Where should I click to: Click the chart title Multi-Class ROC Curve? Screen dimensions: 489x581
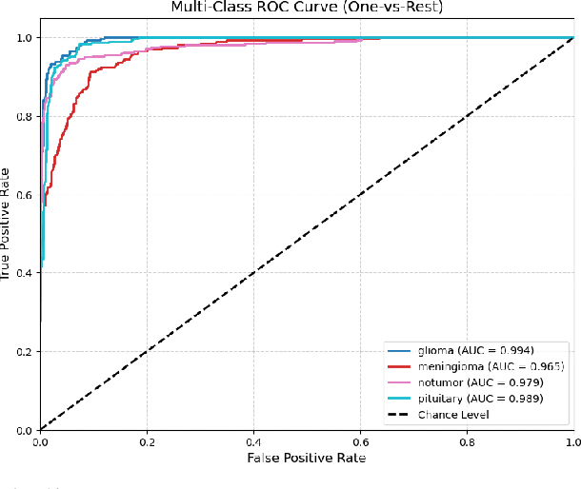pos(306,9)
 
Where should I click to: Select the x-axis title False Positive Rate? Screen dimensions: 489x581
pos(306,458)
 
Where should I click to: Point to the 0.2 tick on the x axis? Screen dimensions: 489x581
pos(147,440)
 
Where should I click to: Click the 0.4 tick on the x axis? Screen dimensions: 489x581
pos(252,440)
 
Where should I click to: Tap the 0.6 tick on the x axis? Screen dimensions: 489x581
pos(359,440)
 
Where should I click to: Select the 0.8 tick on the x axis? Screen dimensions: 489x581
pos(466,440)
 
